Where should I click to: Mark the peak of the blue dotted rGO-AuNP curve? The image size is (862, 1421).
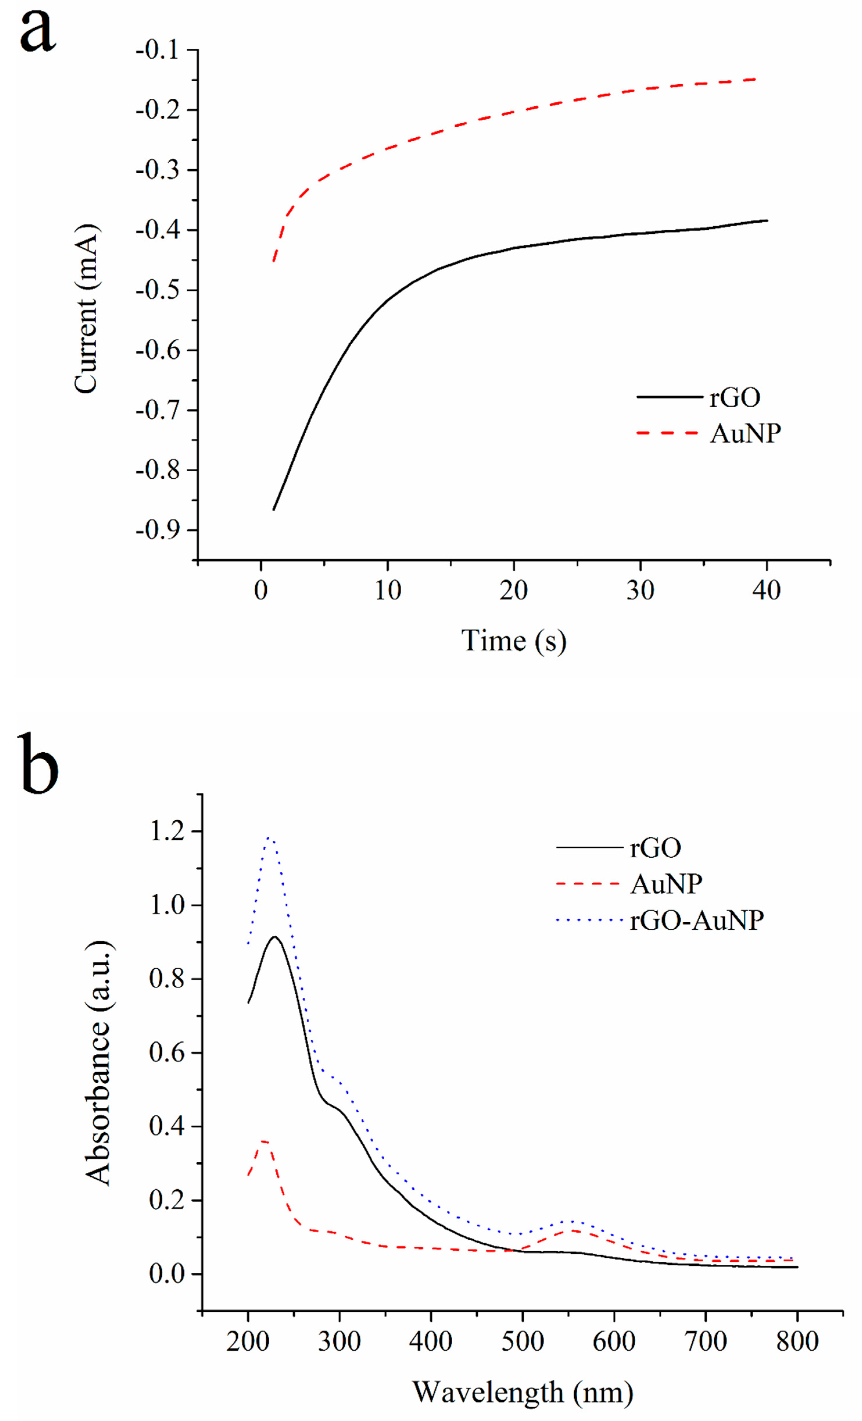coord(269,837)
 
